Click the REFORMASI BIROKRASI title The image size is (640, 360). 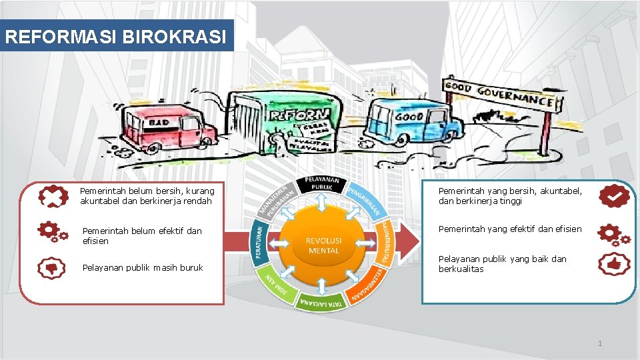(118, 35)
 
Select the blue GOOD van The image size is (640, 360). (415, 121)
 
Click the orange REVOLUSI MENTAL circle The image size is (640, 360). (324, 245)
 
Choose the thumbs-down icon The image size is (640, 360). (51, 268)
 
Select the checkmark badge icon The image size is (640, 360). (613, 195)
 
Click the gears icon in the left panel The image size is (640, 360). (53, 231)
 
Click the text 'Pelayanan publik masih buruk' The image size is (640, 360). (142, 268)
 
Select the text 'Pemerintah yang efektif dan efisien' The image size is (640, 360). (510, 229)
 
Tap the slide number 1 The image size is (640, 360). (600, 344)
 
